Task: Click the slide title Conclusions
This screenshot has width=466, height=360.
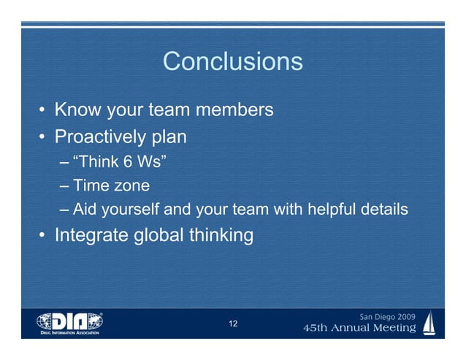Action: tap(232, 61)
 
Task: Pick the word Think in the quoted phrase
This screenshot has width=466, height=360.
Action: tap(97, 161)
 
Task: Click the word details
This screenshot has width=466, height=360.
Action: tap(385, 210)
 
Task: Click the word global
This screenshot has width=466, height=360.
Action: tap(169, 236)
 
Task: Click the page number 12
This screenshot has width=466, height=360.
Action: tap(233, 323)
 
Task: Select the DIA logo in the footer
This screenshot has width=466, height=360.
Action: tap(70, 322)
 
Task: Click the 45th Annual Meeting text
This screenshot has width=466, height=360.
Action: tap(359, 329)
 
